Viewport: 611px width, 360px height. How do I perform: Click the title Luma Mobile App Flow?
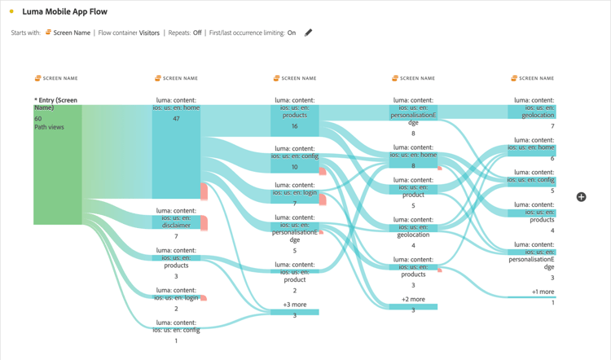[64, 12]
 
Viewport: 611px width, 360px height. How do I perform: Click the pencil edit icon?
[308, 33]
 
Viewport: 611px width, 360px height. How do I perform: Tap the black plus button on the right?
[581, 197]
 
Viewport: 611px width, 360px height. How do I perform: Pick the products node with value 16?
[295, 121]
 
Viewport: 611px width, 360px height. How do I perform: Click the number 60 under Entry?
[37, 118]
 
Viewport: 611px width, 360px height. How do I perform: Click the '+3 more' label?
[295, 304]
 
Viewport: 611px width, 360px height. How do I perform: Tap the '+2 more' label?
[413, 299]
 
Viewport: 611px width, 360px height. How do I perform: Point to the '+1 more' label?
[543, 292]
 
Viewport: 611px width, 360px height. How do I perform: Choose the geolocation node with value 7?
[532, 113]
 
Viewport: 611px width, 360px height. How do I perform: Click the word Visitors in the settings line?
[149, 33]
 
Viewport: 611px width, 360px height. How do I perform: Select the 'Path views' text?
[49, 127]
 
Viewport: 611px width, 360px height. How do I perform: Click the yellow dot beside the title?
[11, 12]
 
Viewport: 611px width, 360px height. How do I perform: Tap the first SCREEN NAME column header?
[56, 78]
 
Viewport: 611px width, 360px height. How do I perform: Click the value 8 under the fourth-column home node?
[413, 165]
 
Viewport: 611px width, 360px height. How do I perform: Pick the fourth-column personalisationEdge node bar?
[413, 113]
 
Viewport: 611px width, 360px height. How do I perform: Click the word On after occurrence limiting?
[292, 33]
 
